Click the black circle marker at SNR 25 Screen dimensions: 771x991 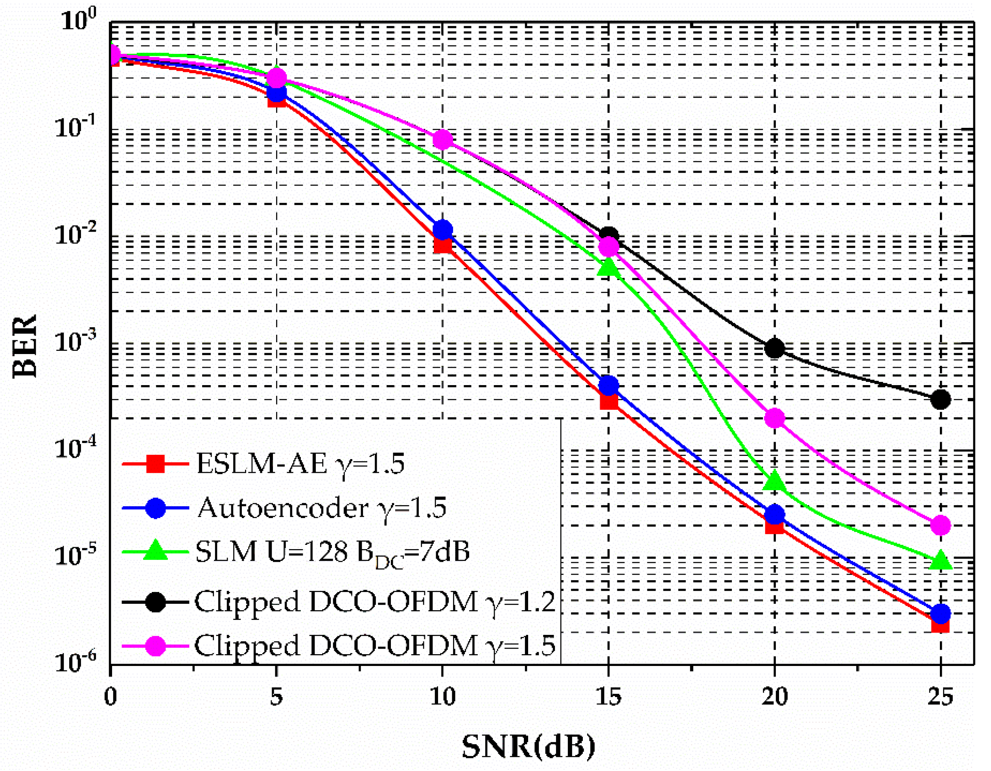(940, 399)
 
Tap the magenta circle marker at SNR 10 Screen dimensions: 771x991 (442, 139)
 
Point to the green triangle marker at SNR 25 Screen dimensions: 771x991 (940, 561)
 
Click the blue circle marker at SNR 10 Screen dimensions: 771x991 (442, 230)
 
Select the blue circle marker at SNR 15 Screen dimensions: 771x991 (608, 385)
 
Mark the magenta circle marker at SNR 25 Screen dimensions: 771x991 (940, 525)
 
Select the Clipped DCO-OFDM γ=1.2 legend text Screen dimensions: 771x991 (375, 602)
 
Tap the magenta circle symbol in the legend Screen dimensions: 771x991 (155, 645)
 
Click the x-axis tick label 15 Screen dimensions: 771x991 (608, 696)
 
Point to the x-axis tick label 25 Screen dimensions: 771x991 (940, 696)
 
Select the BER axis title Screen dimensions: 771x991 (24, 346)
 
